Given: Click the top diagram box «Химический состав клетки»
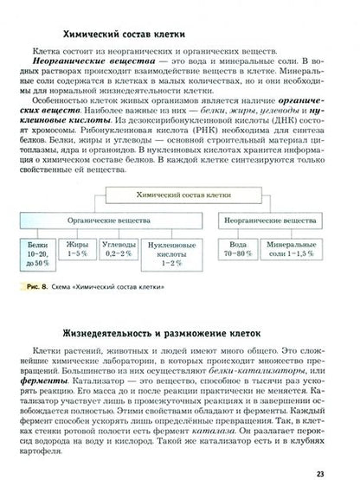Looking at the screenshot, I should click(x=183, y=196).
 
